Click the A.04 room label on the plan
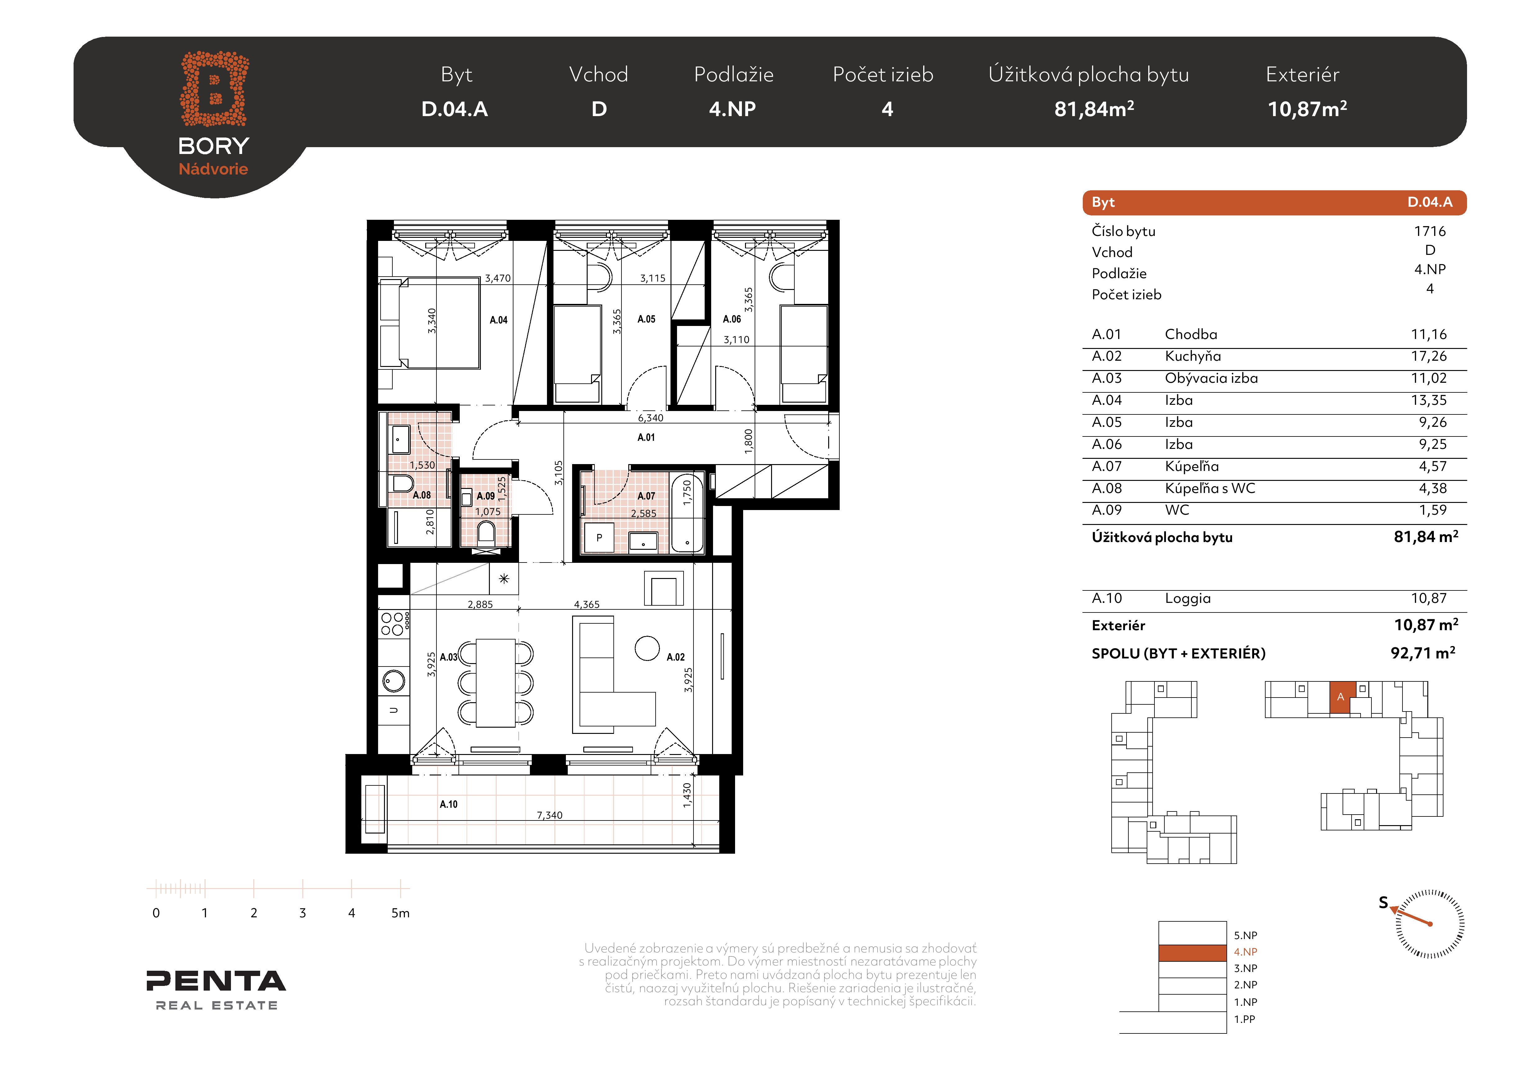point(498,320)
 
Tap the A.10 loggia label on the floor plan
point(449,804)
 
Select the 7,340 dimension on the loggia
point(549,815)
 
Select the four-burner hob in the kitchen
point(394,624)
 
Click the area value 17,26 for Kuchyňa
point(1429,356)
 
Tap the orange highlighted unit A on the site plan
point(1341,698)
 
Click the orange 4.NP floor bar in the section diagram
point(1193,952)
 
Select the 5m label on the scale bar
point(400,913)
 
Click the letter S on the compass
point(1383,902)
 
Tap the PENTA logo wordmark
point(216,981)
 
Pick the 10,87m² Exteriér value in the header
point(1307,109)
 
